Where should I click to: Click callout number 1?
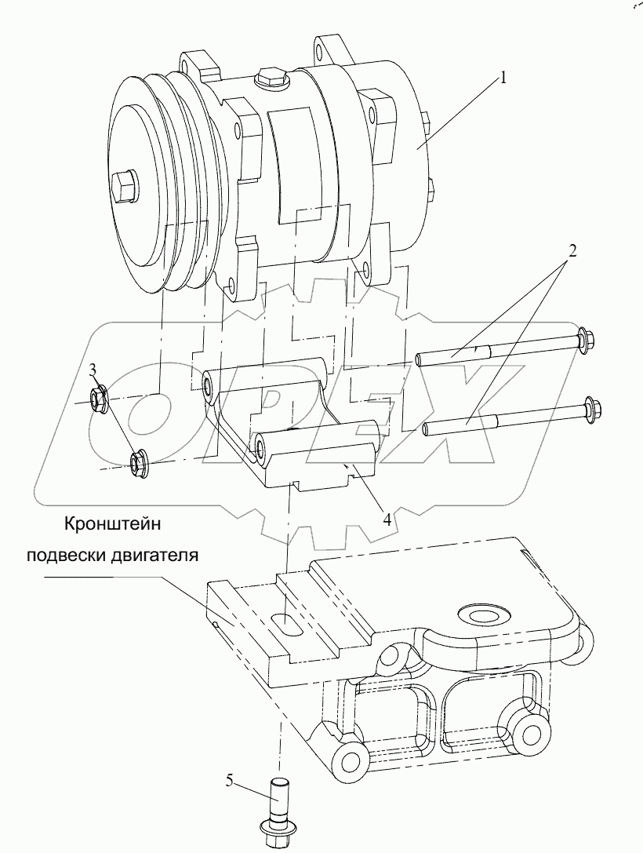point(503,78)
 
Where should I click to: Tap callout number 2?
point(573,251)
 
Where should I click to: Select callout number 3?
point(93,370)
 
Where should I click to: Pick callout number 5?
point(230,781)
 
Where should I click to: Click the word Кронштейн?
point(113,524)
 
